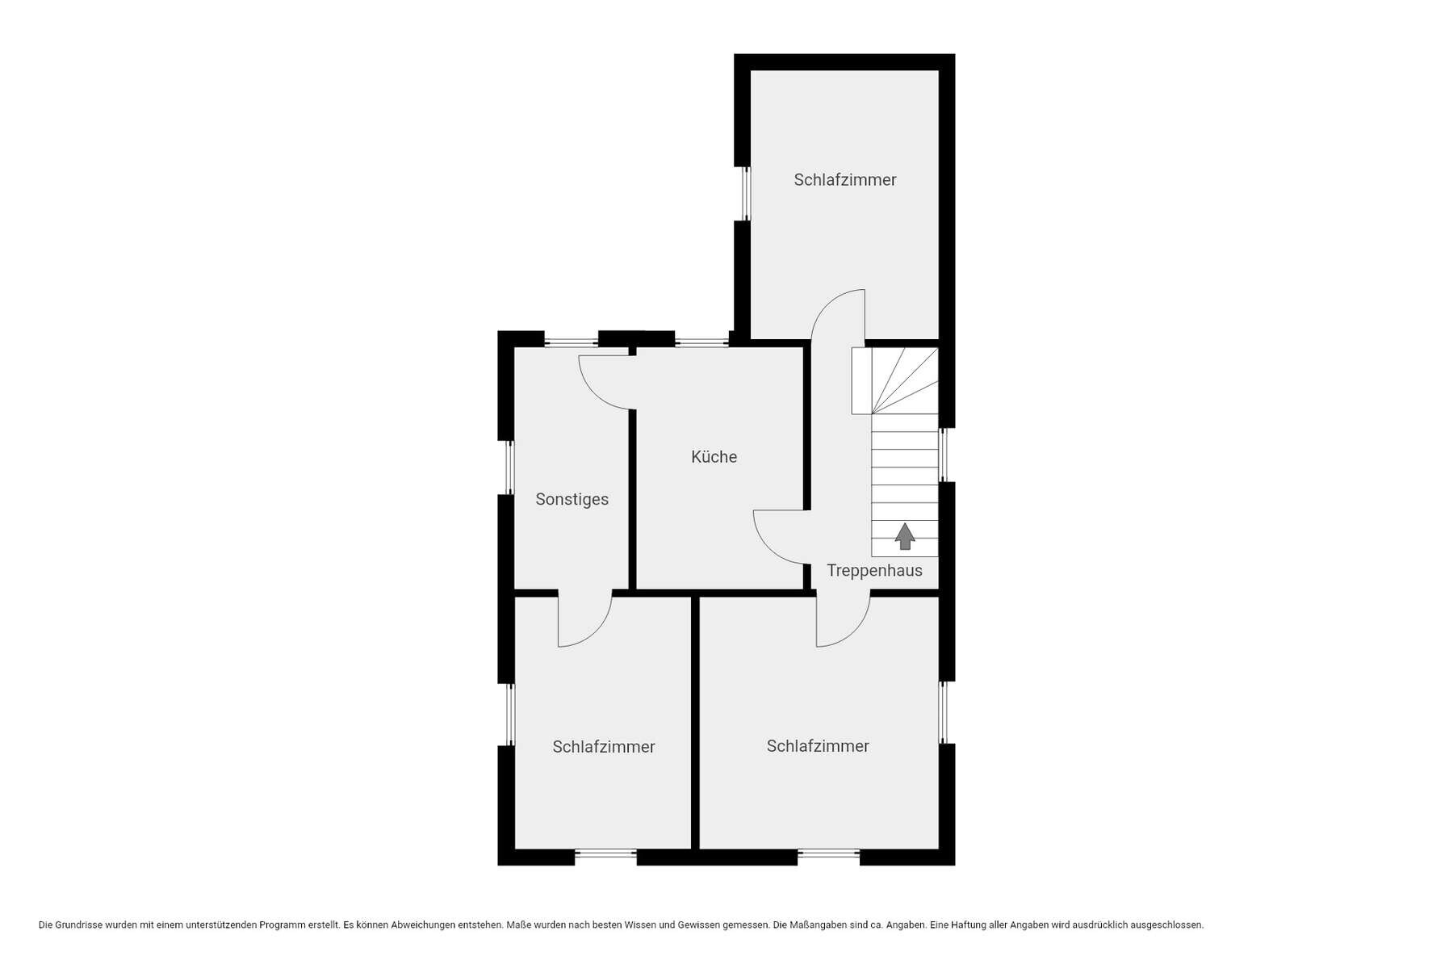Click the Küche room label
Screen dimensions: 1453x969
(714, 457)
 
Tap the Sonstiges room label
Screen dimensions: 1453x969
(572, 500)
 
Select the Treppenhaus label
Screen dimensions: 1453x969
(874, 571)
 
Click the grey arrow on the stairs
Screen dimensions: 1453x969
(905, 536)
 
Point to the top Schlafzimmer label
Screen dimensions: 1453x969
(845, 180)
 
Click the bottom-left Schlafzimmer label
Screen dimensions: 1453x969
(604, 747)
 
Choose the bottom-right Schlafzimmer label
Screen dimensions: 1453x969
(818, 746)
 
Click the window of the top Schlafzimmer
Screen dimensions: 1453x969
(746, 194)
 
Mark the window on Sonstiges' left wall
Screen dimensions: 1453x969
(509, 467)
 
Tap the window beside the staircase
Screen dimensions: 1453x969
(943, 455)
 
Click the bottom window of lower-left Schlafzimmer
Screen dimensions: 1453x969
(605, 853)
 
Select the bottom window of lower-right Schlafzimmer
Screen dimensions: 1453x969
(828, 853)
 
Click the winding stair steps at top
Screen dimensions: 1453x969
(894, 380)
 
